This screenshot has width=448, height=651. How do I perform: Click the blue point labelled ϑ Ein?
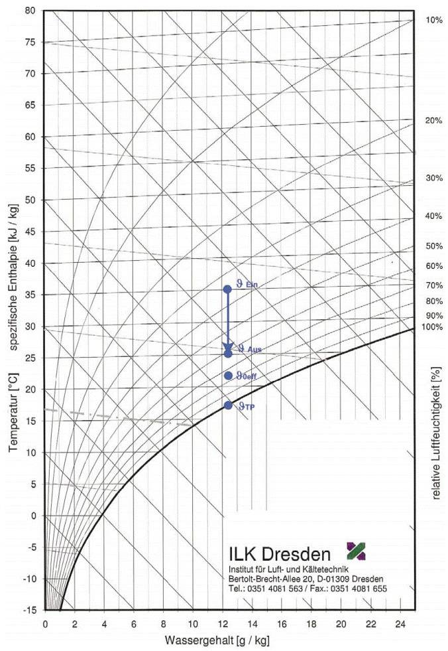click(227, 289)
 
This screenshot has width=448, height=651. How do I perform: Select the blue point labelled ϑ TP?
click(228, 405)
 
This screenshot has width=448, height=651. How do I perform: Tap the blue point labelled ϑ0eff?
click(228, 376)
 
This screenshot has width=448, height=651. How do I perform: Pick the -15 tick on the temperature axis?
click(30, 610)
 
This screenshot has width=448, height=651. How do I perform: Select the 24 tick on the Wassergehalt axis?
click(399, 623)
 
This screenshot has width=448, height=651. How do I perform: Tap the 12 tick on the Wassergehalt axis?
click(222, 623)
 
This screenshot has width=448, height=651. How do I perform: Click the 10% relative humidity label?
click(433, 21)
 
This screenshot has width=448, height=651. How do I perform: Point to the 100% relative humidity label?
click(431, 327)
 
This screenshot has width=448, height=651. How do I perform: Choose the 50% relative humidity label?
click(433, 246)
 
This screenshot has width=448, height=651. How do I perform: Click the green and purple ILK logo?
click(356, 550)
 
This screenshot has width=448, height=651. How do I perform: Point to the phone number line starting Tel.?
click(306, 589)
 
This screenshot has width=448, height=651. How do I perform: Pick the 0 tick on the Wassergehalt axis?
click(45, 623)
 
